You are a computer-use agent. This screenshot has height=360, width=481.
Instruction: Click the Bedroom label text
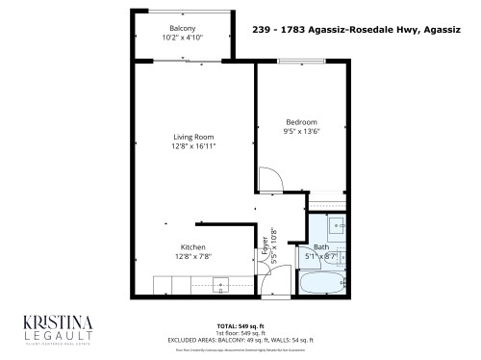302,122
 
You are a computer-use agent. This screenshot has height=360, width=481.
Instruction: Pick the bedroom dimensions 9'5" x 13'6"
302,132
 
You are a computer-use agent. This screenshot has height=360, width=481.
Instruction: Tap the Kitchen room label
192,246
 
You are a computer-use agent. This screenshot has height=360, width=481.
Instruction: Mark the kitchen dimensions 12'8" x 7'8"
192,256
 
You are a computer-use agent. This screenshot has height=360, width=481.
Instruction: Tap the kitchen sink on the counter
219,286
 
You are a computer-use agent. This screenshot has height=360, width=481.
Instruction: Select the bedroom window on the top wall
300,64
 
